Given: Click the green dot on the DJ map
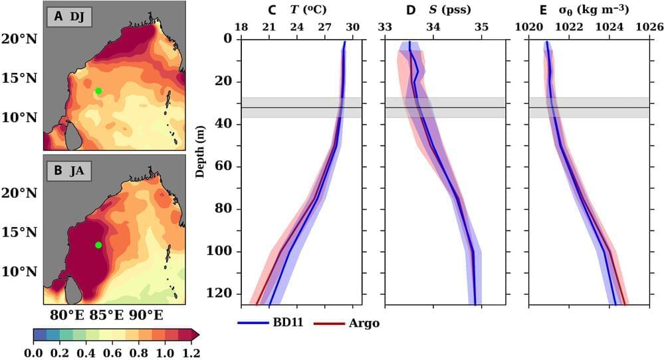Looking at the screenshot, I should click(x=98, y=91).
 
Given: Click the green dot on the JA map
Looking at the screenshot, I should click(x=98, y=245).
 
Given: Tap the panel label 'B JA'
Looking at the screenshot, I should click(x=68, y=171).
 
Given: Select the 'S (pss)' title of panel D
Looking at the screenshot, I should click(x=447, y=9).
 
